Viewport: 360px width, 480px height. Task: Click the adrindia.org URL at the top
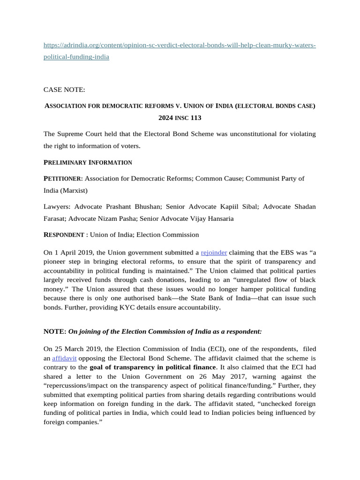[180, 45]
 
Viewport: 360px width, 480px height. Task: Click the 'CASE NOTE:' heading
[65, 89]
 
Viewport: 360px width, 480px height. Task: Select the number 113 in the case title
[195, 118]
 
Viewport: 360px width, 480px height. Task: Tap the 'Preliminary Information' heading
[88, 162]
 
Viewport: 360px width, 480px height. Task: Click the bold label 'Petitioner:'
[63, 179]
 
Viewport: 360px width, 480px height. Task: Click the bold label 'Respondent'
[63, 234]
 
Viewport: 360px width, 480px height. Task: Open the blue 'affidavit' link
[64, 358]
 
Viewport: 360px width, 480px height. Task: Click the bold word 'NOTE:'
[55, 331]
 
